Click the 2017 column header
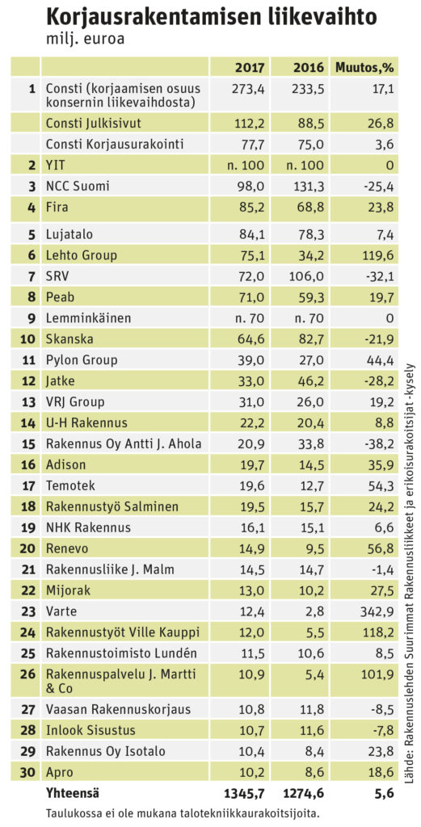(250, 68)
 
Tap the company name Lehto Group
(82, 255)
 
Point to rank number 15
(28, 443)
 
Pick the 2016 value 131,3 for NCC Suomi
(307, 187)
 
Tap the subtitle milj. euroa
(85, 40)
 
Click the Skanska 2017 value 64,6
(251, 339)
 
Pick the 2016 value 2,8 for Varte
(311, 611)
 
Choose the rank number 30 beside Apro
(28, 771)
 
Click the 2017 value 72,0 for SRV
(251, 276)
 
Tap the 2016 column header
(308, 68)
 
